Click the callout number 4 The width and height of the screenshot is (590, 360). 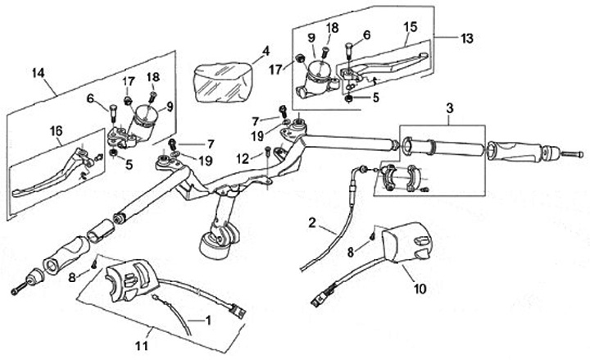tap(265, 50)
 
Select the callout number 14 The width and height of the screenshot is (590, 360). tap(35, 72)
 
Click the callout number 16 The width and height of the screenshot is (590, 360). tap(54, 130)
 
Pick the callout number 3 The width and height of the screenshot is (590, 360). tap(449, 107)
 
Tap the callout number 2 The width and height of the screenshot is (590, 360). tap(312, 222)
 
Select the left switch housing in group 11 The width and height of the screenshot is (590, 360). tap(124, 278)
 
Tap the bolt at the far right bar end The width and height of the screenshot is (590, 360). tap(571, 153)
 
